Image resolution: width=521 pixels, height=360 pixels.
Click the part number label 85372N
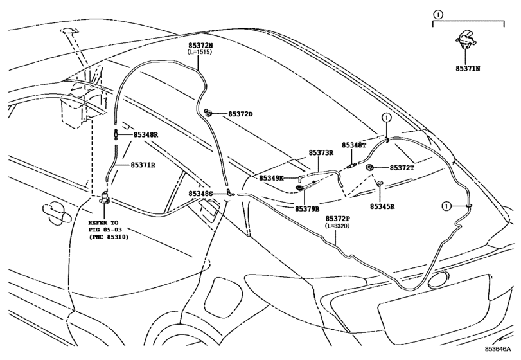[x=200, y=45]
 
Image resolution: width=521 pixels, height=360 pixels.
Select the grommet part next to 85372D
[x=209, y=113]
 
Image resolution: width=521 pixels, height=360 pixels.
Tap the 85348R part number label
[x=146, y=134]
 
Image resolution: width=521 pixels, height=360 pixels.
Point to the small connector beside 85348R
[x=116, y=134]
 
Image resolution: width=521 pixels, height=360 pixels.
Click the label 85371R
[x=143, y=165]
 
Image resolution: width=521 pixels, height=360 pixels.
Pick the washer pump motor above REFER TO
[x=105, y=198]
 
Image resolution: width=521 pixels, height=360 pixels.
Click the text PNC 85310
[x=109, y=237]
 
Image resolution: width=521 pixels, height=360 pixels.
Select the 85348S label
[x=200, y=194]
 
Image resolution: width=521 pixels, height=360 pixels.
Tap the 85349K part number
[x=272, y=178]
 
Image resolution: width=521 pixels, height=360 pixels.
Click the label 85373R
[x=321, y=152]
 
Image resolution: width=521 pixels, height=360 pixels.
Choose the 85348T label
[x=354, y=145]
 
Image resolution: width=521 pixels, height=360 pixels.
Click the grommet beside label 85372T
[x=369, y=168]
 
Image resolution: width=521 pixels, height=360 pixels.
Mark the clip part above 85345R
[x=380, y=184]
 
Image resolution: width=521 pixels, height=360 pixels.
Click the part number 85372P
[x=337, y=219]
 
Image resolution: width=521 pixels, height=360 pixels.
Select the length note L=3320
[x=337, y=226]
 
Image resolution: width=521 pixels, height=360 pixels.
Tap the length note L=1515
[x=200, y=52]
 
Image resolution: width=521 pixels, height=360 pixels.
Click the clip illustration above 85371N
[x=466, y=39]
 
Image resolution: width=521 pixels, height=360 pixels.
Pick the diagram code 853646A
[x=497, y=348]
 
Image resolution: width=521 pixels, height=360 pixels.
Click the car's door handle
[x=57, y=212]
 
